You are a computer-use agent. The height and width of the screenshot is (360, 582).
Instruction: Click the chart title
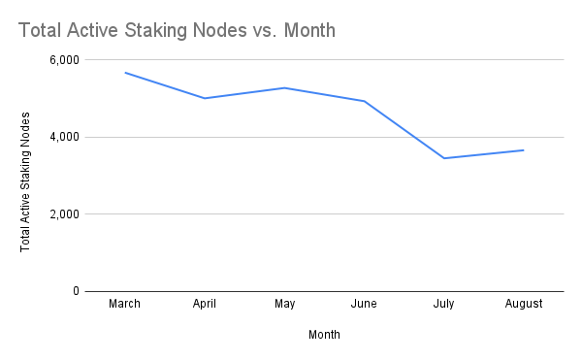[177, 30]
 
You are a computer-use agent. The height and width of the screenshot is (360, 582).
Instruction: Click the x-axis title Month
[324, 335]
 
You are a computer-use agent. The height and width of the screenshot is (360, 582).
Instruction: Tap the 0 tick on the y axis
[75, 290]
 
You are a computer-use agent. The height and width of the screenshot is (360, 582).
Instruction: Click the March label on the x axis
[125, 304]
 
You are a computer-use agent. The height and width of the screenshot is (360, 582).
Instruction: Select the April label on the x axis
[205, 304]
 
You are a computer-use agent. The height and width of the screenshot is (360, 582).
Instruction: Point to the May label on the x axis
[284, 304]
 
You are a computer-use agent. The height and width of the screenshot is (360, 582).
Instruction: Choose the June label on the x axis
[364, 304]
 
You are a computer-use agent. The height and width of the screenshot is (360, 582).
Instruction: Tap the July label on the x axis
[443, 304]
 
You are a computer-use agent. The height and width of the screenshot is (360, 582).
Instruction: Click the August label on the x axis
[524, 304]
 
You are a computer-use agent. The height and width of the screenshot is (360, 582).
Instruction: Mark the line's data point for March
[125, 73]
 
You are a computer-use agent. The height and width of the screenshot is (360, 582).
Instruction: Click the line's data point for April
[205, 98]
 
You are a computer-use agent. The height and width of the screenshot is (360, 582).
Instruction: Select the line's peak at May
[284, 88]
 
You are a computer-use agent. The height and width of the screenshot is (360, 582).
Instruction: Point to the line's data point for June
[364, 101]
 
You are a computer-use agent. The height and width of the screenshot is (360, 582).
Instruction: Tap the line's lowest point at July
[443, 158]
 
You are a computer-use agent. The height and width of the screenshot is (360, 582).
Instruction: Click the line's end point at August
[524, 150]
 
